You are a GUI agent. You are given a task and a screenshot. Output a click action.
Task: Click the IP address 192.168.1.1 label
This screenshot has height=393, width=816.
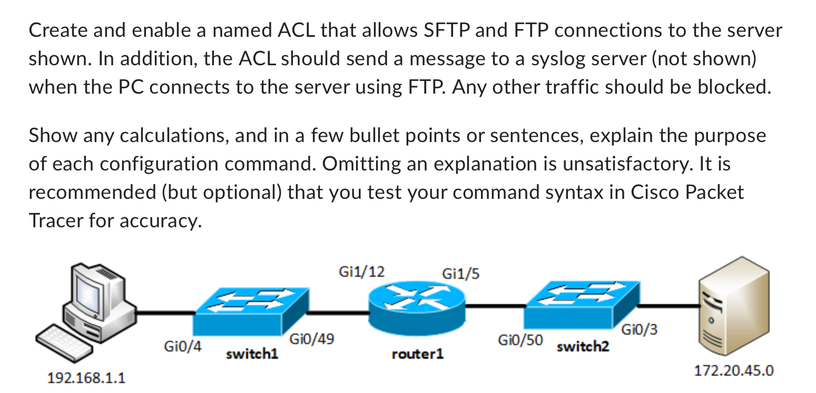tap(86, 378)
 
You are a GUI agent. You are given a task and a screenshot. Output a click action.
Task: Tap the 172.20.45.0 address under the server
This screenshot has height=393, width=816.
tap(734, 370)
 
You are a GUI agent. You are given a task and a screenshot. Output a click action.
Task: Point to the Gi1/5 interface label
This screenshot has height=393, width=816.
tap(461, 274)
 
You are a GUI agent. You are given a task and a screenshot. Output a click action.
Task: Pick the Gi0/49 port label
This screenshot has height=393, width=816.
tap(311, 340)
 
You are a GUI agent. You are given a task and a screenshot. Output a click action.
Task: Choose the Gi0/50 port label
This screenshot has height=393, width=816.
tap(520, 340)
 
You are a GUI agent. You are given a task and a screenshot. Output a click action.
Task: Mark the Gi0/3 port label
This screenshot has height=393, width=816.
tap(639, 330)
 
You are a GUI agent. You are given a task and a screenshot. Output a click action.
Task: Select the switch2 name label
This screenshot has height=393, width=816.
tap(583, 347)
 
